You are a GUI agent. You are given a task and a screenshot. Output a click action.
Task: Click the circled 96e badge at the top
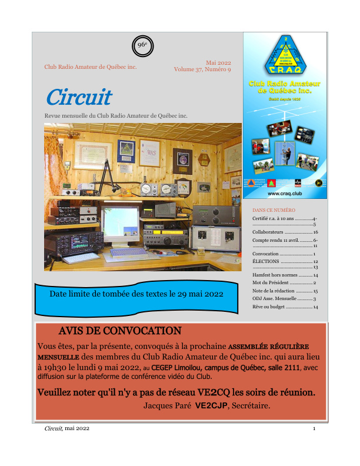coord(142,45)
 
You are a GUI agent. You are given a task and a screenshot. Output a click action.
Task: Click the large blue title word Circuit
coord(78,97)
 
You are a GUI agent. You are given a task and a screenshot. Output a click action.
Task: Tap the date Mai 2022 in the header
coord(218,62)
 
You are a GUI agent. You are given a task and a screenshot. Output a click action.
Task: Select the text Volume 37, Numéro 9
coord(202,69)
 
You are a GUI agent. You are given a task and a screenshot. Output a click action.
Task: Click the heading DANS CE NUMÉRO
coord(274,209)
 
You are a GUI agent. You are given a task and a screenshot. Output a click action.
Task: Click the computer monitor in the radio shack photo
coord(119,223)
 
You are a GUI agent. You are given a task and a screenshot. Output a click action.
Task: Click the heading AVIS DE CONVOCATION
coord(120,331)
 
